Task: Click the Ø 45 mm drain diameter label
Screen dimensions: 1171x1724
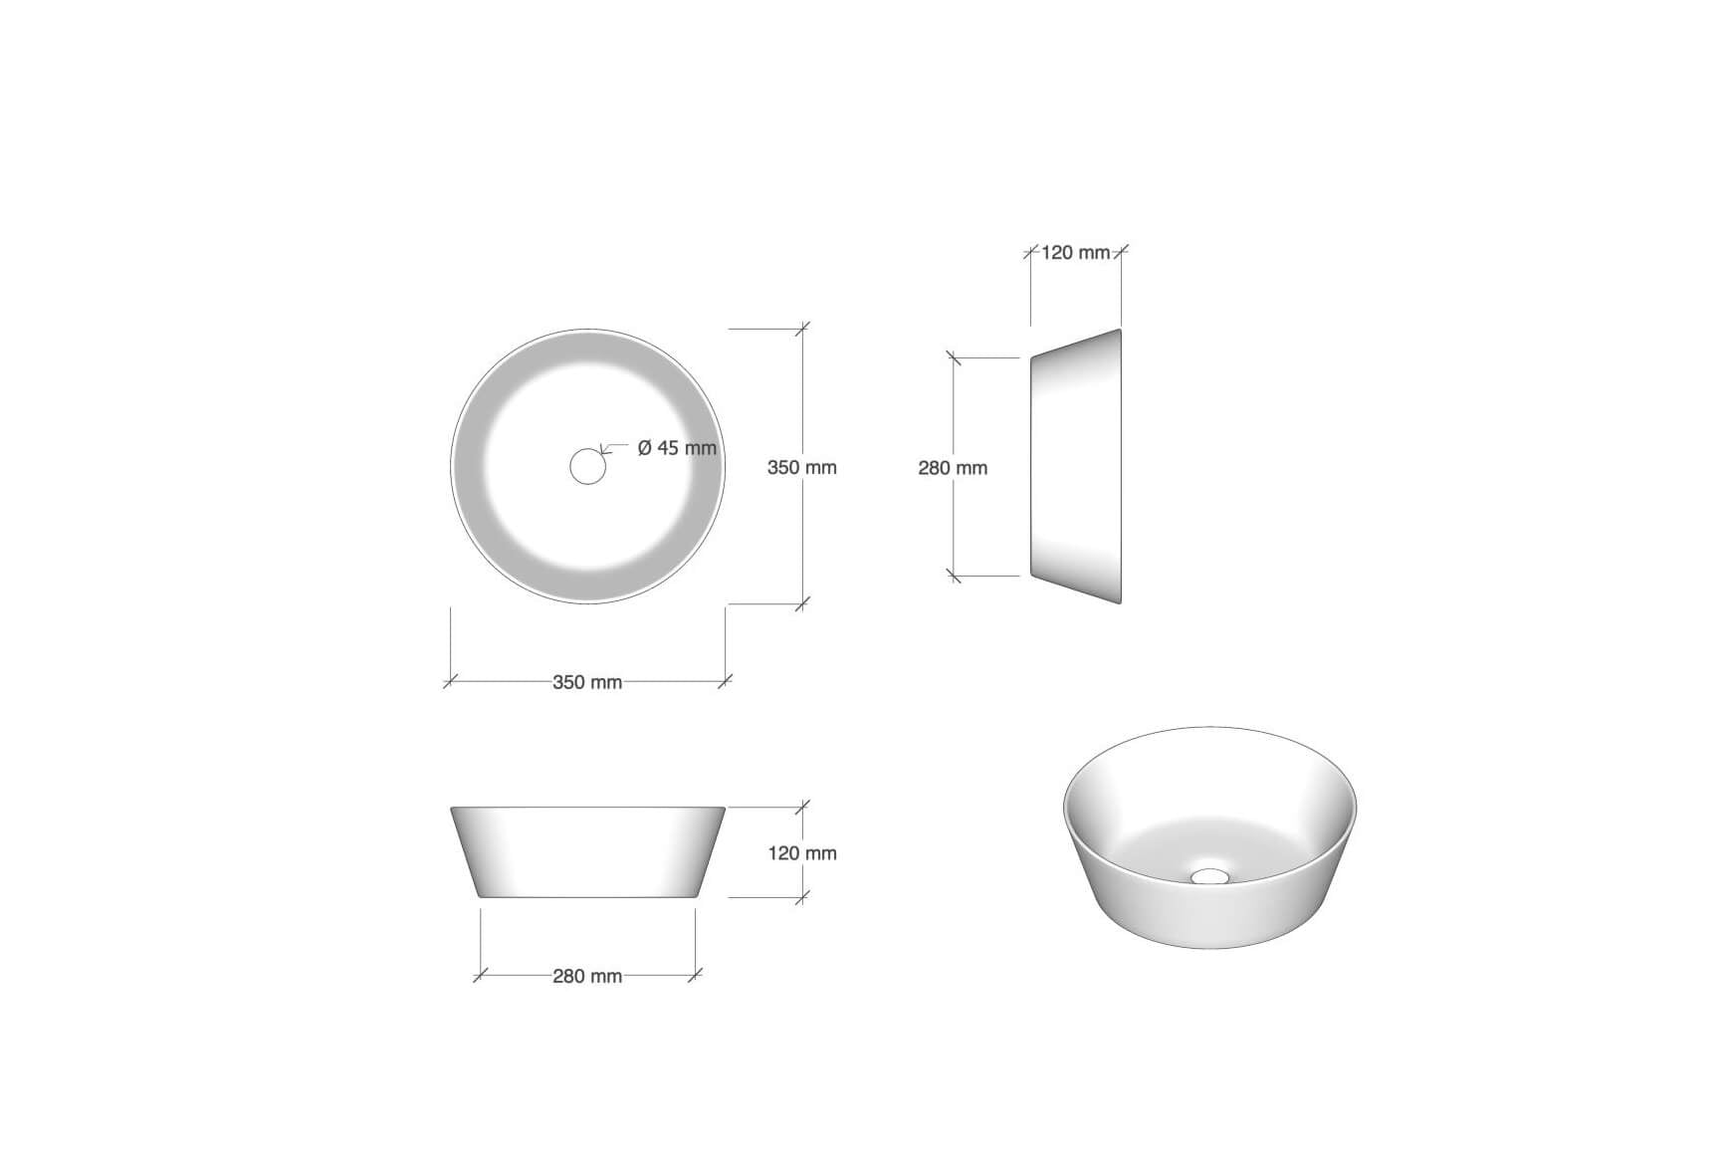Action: tap(677, 448)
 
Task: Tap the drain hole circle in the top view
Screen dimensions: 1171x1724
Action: tap(587, 466)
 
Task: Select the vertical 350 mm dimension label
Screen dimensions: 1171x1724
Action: tap(801, 467)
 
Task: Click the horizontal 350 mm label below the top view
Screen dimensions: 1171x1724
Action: tap(587, 682)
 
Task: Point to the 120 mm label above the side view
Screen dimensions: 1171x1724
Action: tap(1075, 253)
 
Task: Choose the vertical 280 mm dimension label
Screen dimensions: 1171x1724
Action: tap(953, 468)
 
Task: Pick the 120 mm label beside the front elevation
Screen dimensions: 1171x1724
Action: tap(801, 853)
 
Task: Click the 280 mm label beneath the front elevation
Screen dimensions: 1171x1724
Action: tap(587, 977)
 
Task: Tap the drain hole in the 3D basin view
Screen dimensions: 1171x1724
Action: tap(1210, 876)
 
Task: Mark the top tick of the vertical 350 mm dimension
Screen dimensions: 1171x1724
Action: tap(803, 329)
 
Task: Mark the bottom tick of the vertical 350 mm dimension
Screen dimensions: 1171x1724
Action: tap(803, 603)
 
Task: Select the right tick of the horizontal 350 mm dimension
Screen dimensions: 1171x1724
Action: tap(725, 682)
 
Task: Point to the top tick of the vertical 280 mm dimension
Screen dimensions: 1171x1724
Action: tap(954, 357)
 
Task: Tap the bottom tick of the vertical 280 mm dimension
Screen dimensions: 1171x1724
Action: tap(954, 576)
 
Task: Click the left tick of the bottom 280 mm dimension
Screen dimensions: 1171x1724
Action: tap(481, 976)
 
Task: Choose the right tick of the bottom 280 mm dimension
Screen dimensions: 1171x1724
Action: tap(695, 976)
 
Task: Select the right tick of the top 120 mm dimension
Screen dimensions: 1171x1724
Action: tap(1121, 253)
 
